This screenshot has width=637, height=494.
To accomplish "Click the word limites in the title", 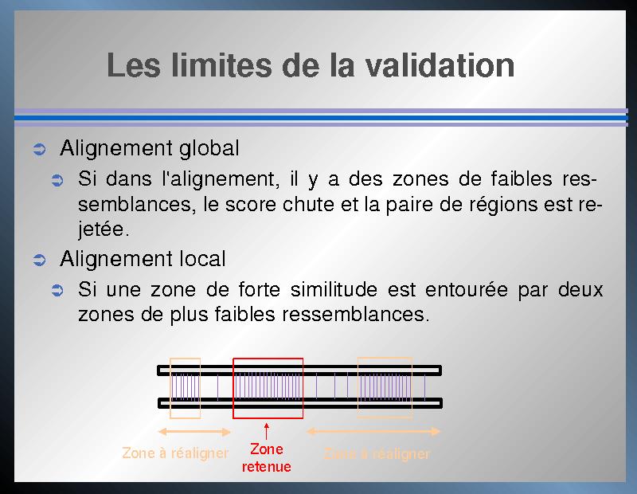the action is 221,65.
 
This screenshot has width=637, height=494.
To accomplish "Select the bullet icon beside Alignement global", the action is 39,149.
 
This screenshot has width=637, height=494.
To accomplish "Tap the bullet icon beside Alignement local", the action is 39,260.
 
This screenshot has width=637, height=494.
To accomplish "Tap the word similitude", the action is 334,289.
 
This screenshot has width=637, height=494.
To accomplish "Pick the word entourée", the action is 467,290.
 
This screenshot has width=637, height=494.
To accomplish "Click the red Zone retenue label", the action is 267,458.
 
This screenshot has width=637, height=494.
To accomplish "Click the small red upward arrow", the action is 267,431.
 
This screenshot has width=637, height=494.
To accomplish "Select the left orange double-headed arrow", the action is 194,432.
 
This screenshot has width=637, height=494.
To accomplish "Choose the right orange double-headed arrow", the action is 373,431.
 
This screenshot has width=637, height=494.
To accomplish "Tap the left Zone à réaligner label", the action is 175,453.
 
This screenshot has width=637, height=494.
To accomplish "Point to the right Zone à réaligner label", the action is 377,453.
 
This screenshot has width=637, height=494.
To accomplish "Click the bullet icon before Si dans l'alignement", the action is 57,180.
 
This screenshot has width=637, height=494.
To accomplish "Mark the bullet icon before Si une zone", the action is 57,291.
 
